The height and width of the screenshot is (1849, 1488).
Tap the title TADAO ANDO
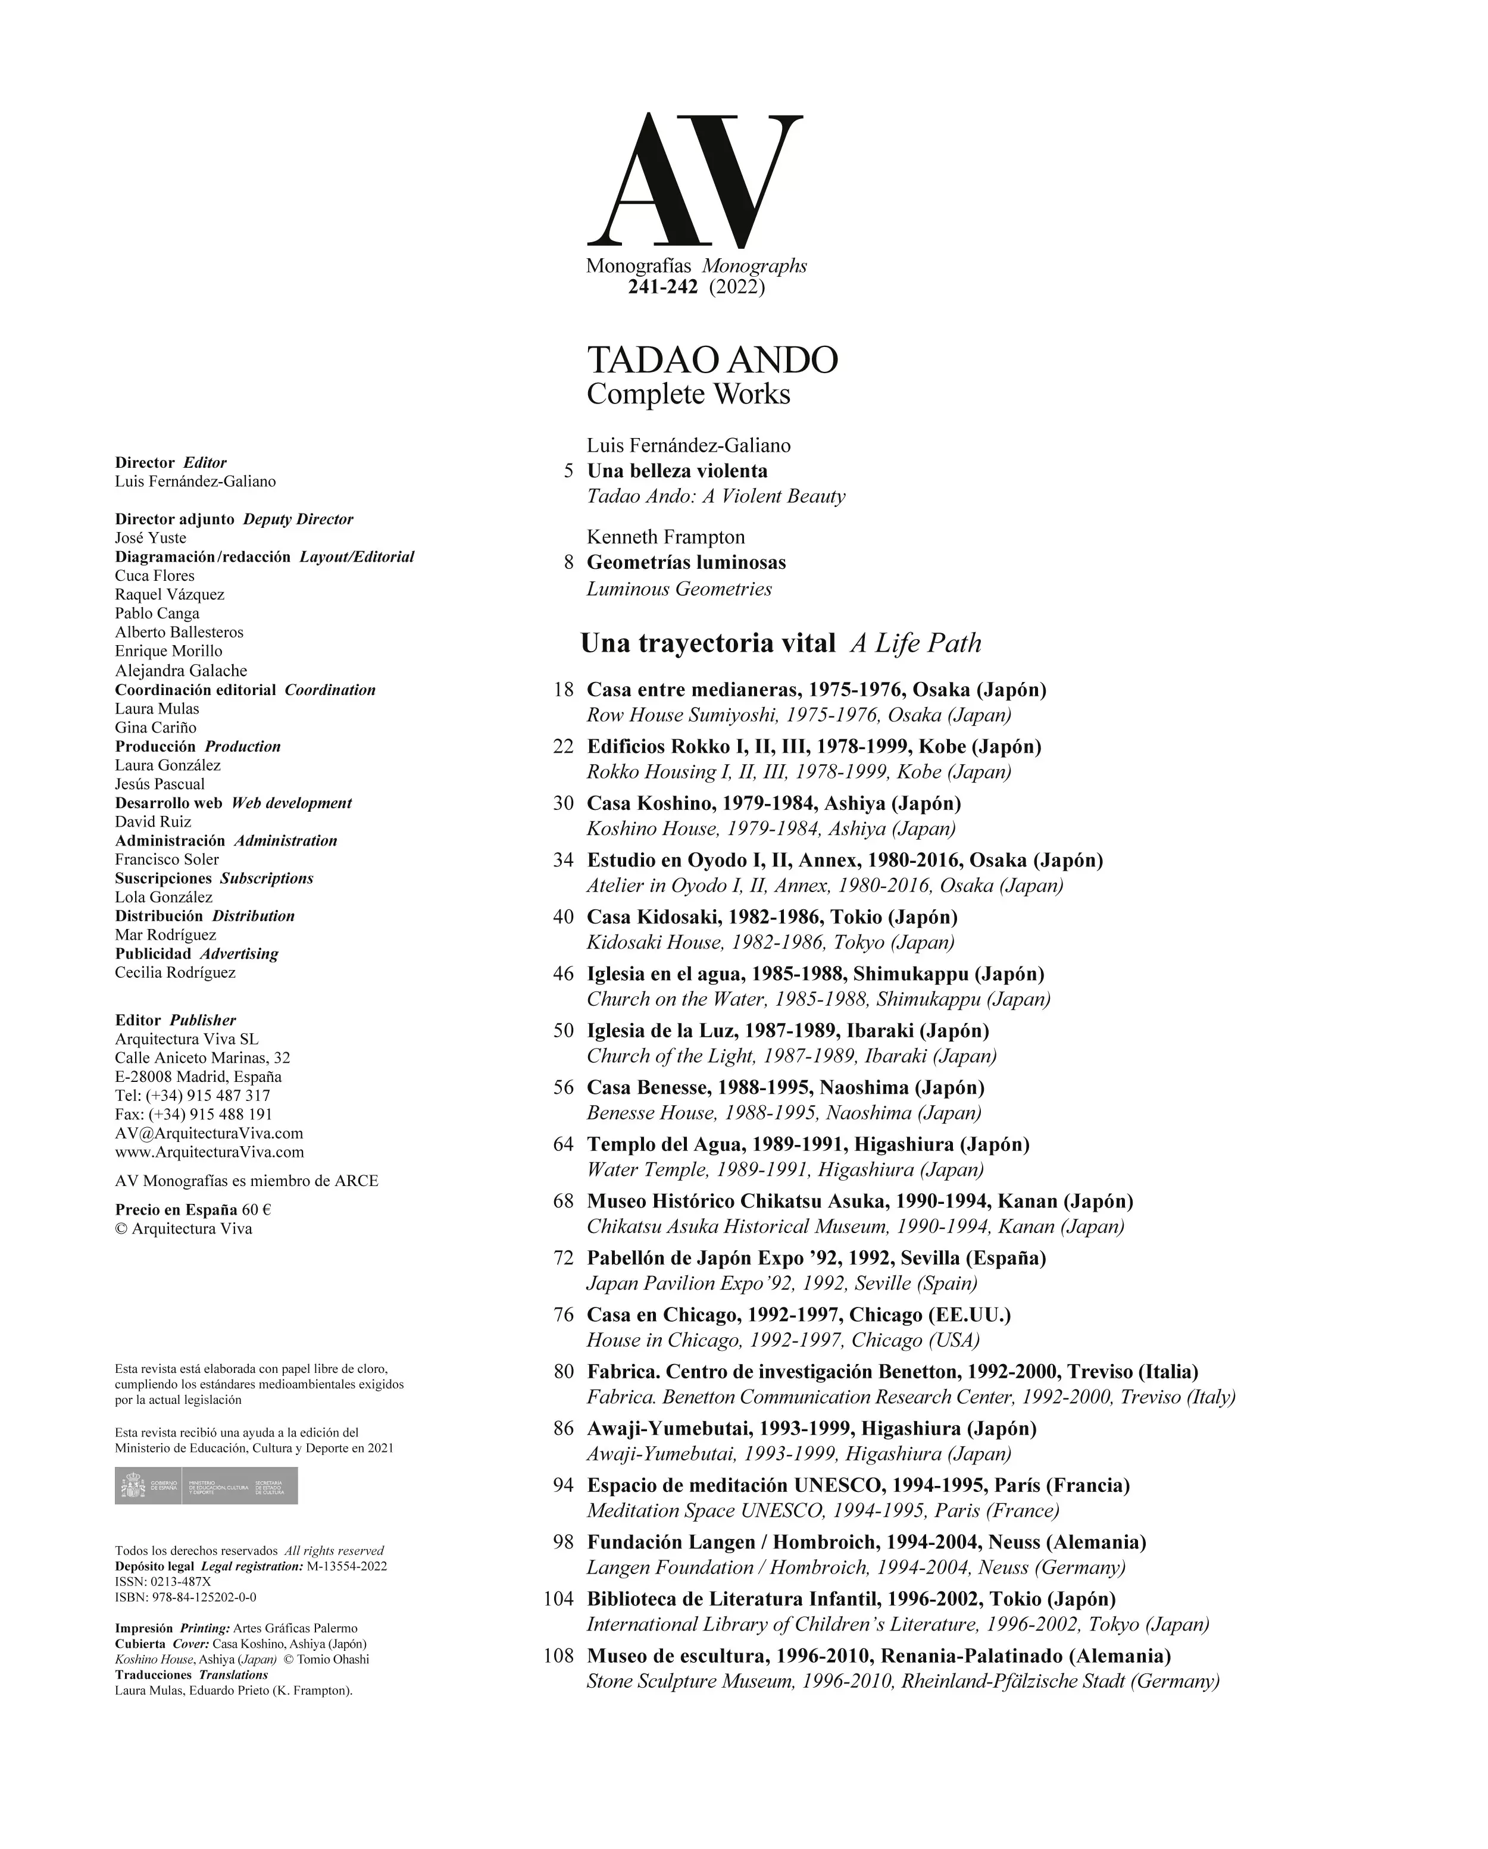tap(712, 360)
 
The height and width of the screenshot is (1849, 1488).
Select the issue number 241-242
tap(662, 287)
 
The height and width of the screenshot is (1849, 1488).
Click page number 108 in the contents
tap(558, 1655)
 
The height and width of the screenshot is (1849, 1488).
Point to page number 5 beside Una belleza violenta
tap(568, 471)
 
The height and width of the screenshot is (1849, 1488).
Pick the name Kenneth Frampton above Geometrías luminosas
tap(665, 537)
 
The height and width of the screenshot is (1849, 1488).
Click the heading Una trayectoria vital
tap(708, 643)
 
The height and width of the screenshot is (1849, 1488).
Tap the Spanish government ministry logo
tap(206, 1485)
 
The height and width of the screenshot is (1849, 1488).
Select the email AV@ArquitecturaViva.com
tap(208, 1133)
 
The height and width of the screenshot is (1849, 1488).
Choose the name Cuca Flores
tap(154, 575)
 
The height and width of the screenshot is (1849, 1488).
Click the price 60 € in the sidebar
tap(255, 1209)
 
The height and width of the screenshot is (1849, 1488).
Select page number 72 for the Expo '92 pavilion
tap(562, 1258)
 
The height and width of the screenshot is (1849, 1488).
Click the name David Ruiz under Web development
tap(152, 822)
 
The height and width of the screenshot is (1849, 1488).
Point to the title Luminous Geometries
tap(679, 589)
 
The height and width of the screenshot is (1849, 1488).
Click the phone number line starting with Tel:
tap(192, 1095)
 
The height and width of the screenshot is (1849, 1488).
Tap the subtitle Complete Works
tap(688, 395)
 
